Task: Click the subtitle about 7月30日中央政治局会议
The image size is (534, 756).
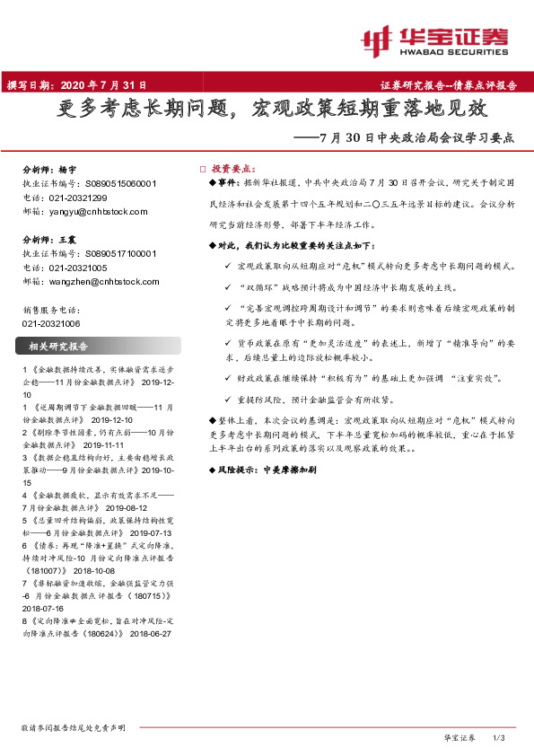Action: pyautogui.click(x=407, y=139)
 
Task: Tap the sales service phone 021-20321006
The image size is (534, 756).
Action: pyautogui.click(x=51, y=322)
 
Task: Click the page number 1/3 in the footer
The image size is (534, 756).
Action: pyautogui.click(x=501, y=737)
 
